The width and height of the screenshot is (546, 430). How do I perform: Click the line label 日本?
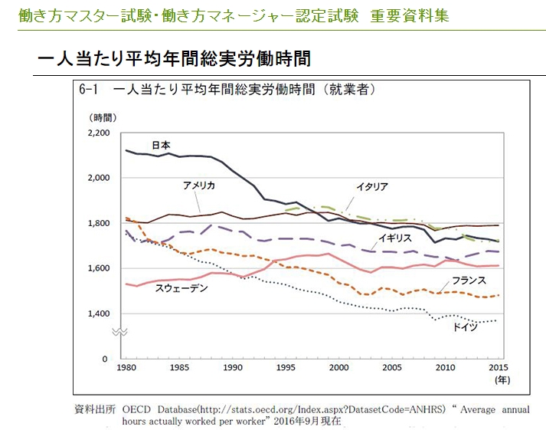click(161, 145)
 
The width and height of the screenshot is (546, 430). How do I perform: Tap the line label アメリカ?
click(198, 186)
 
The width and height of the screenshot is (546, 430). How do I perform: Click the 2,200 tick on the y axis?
click(100, 133)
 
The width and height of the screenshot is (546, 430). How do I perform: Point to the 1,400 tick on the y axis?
click(100, 313)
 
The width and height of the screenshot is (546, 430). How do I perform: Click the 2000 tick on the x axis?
click(338, 369)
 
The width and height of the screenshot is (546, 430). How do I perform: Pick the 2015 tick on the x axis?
click(497, 369)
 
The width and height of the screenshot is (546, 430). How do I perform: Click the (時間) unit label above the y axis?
click(102, 117)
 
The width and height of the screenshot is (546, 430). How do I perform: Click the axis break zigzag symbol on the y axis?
click(120, 332)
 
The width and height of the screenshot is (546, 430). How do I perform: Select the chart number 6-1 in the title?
click(90, 89)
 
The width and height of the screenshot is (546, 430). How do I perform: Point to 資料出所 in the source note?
click(95, 409)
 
